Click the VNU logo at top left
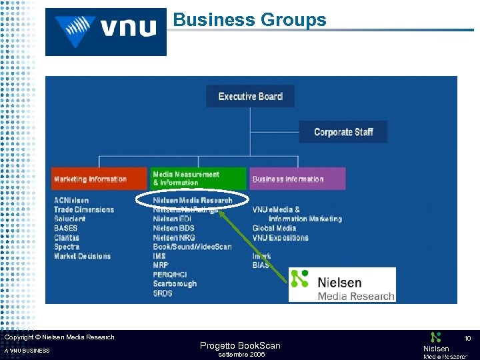coord(106,31)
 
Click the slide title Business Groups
coord(250,20)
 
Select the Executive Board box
coord(250,96)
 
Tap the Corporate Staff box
coord(343,132)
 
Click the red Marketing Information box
coord(99,179)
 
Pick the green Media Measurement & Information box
coord(198,179)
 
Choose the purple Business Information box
coord(297,179)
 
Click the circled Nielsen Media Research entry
coord(193,200)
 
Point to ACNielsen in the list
coord(71,200)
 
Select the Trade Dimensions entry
coord(84,209)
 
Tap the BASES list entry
coord(66,228)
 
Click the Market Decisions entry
coord(83,256)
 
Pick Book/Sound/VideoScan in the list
coord(192,247)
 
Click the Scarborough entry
coord(175,283)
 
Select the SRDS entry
coord(163,293)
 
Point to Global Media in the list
coord(274,228)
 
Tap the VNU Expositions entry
coord(280,237)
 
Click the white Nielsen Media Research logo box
coord(342,285)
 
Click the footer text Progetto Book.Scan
coord(240,345)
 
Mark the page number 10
coord(468,339)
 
